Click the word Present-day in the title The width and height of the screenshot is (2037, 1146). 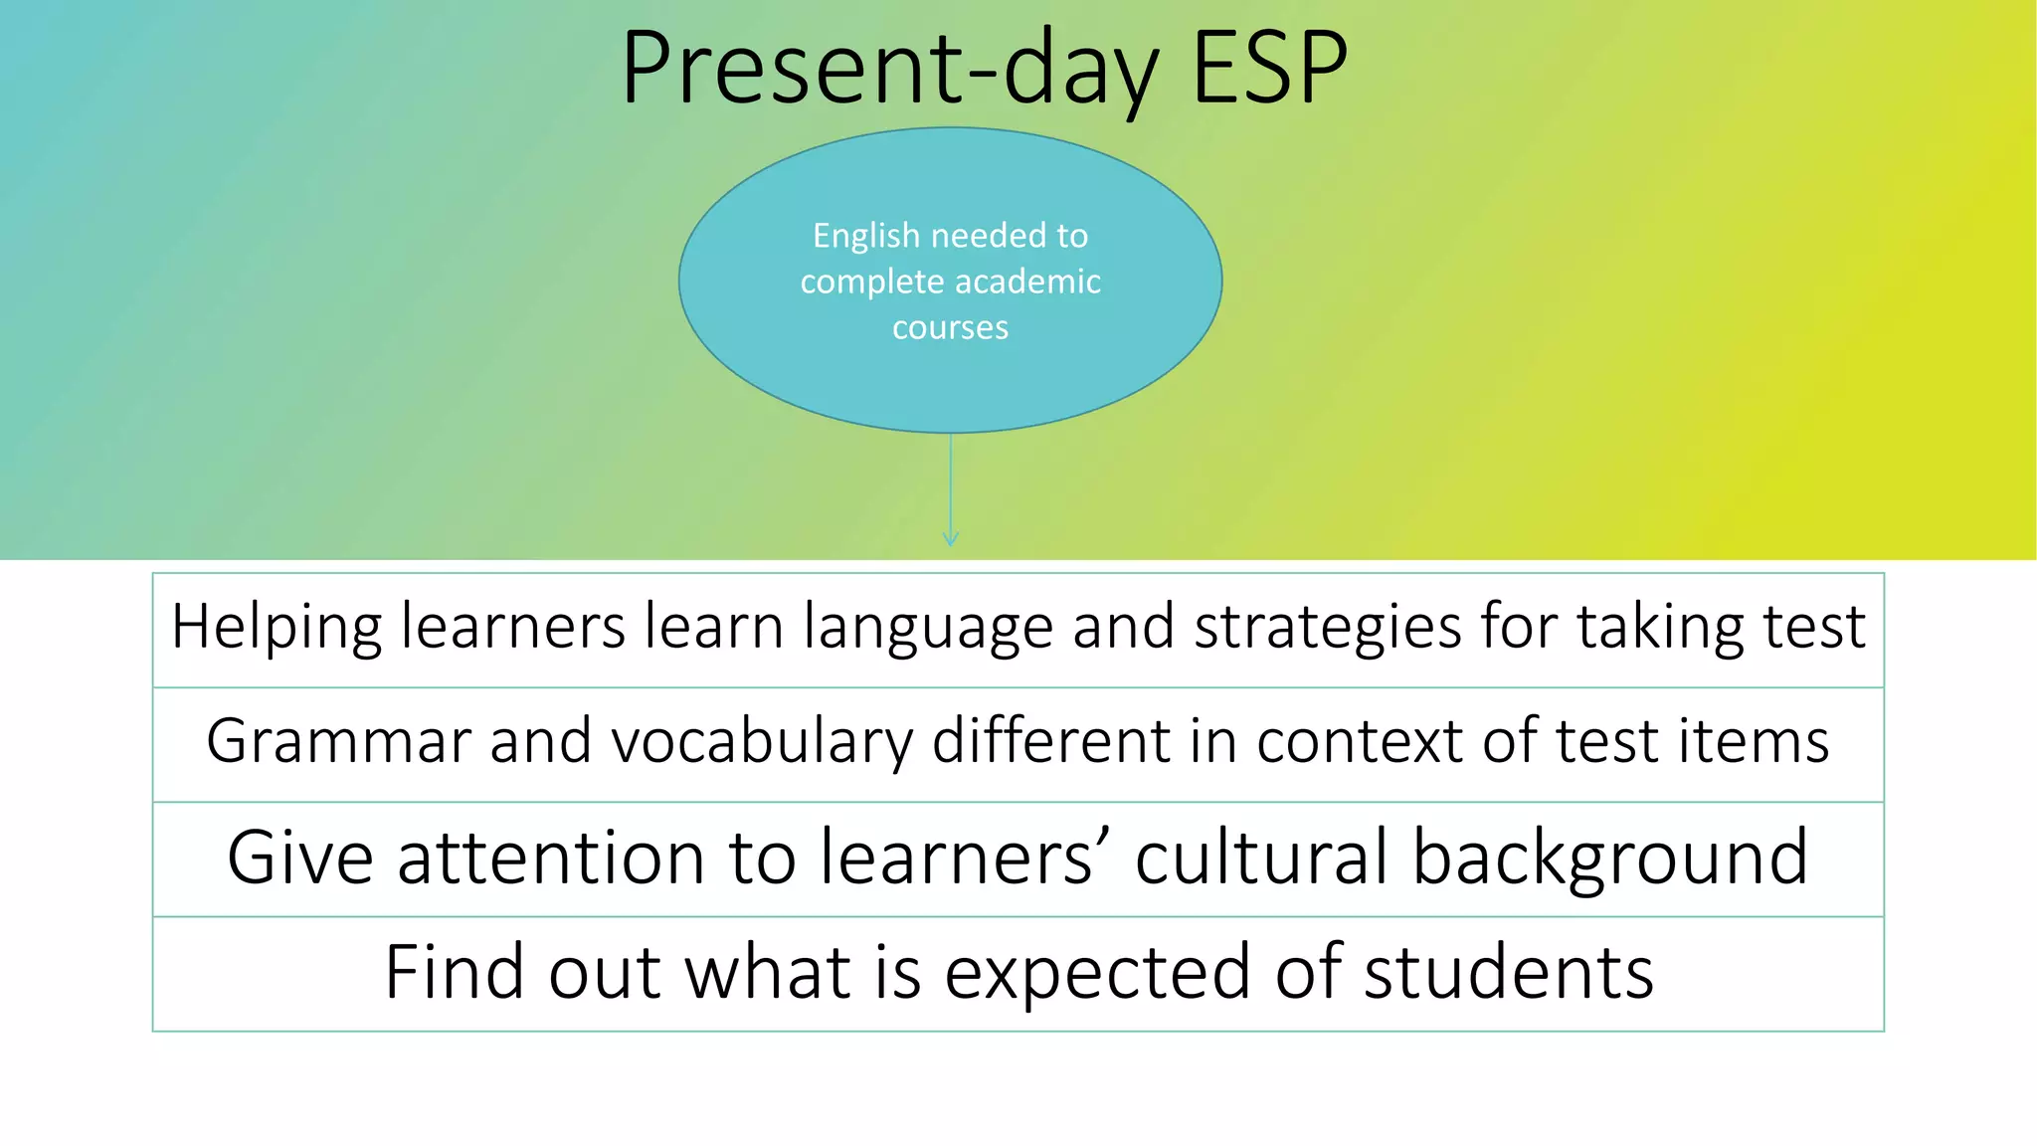(890, 70)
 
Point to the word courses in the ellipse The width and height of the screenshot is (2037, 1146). (950, 327)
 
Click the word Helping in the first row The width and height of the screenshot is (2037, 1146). (276, 629)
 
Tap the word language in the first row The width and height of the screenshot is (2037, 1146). (928, 629)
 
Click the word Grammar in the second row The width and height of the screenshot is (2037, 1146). (338, 742)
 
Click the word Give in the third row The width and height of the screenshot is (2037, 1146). (299, 858)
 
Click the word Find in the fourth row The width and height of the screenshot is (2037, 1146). (455, 972)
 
